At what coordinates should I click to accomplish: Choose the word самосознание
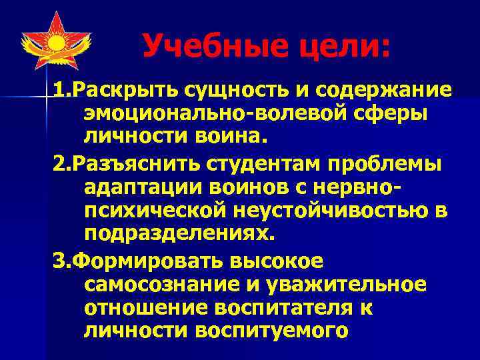[161, 285]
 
